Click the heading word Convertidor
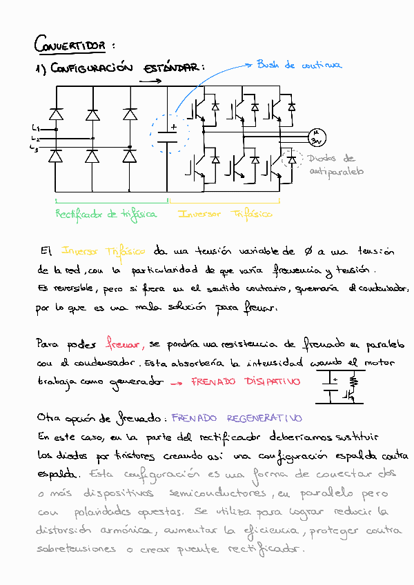[70, 46]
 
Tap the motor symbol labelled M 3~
[317, 137]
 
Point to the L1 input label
[35, 128]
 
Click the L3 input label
[34, 148]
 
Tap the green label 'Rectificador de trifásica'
[106, 214]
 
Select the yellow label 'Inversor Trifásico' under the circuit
[225, 214]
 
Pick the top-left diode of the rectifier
[56, 112]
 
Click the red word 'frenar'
[124, 343]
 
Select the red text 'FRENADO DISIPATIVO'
[246, 381]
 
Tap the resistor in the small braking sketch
[353, 381]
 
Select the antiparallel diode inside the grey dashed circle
[292, 159]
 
